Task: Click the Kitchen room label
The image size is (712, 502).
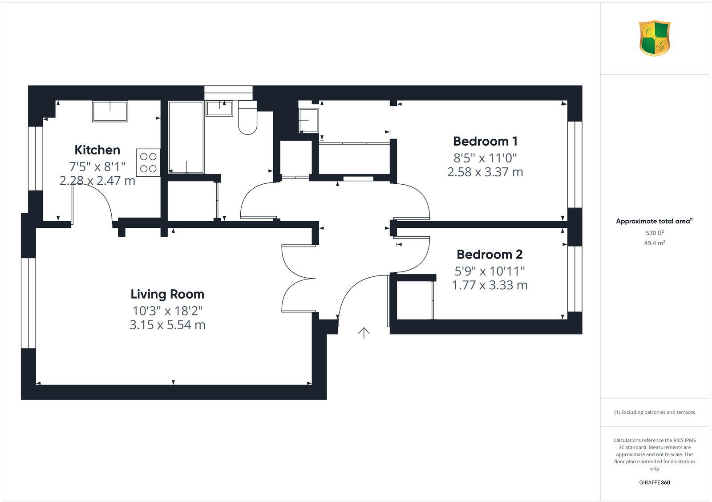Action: click(x=97, y=150)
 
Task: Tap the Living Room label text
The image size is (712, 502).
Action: click(x=167, y=294)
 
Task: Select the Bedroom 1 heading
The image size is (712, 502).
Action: click(x=485, y=142)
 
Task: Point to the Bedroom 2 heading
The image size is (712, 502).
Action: click(x=489, y=255)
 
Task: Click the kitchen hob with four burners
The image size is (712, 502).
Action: click(x=148, y=162)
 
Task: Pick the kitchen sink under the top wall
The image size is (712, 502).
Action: click(x=110, y=111)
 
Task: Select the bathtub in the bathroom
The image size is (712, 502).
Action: click(x=186, y=137)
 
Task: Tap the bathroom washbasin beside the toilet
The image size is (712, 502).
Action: click(x=219, y=108)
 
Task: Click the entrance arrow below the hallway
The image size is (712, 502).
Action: click(x=364, y=332)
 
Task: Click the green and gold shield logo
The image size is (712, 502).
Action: click(x=654, y=38)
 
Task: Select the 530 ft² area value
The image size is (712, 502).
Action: click(x=654, y=233)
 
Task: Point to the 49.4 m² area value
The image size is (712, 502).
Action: click(x=654, y=243)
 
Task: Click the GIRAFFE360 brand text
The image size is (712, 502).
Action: click(x=654, y=482)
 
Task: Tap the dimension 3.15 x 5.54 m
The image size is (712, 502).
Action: click(x=167, y=325)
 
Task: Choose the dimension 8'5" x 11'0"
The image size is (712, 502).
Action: click(x=485, y=158)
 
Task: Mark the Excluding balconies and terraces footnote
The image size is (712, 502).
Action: click(x=655, y=412)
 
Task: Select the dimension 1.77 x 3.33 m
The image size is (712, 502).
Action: click(x=489, y=285)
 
